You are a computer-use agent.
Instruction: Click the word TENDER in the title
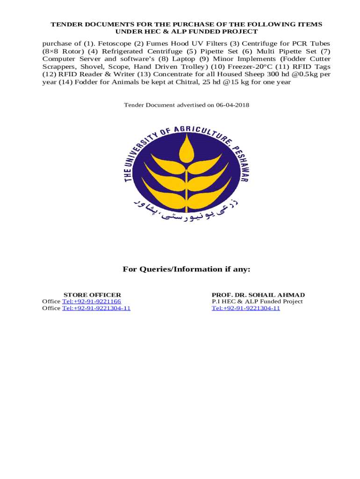[x=65, y=24]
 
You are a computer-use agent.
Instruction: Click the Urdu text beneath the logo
[x=186, y=210]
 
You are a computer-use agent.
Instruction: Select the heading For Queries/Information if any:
[x=187, y=269]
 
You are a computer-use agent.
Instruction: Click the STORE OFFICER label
[x=92, y=295]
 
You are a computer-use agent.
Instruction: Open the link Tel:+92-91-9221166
[x=91, y=301]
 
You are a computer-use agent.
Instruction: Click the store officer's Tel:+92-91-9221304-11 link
[x=96, y=308]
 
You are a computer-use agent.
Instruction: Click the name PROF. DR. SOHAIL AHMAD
[x=258, y=295]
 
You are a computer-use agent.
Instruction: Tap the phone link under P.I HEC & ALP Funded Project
[x=245, y=308]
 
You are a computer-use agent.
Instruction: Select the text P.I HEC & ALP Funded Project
[x=257, y=301]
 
